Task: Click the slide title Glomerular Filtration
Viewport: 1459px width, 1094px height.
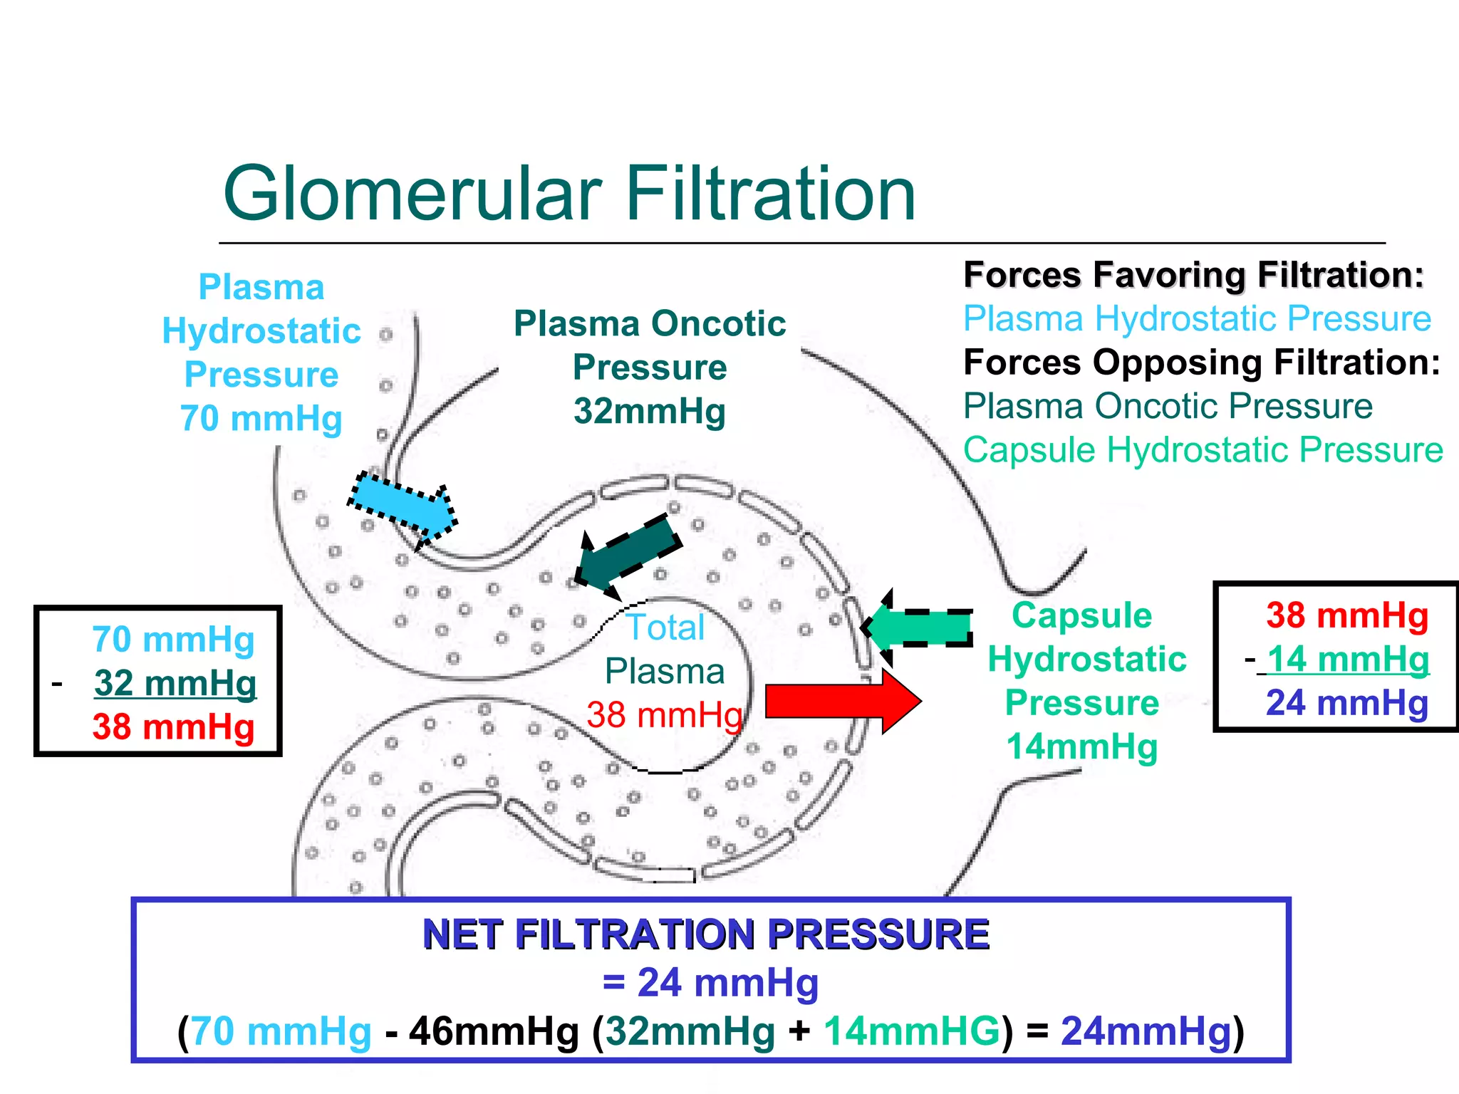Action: coord(568,194)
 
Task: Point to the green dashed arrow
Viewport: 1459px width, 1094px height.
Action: coord(919,627)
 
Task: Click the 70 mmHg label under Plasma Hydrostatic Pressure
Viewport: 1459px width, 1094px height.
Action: coord(261,418)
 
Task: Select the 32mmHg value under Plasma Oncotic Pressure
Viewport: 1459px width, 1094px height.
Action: coord(649,411)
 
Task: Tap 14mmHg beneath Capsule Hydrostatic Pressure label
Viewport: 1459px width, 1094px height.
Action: coord(1081,747)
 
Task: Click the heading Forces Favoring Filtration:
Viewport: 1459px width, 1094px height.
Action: coord(1193,275)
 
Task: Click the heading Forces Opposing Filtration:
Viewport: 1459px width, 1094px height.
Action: coord(1201,363)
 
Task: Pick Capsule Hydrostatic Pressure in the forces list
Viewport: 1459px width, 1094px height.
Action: coord(1203,450)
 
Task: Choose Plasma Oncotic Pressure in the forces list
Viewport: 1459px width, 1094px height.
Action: coord(1167,407)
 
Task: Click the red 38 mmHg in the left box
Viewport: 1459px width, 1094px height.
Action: coord(173,727)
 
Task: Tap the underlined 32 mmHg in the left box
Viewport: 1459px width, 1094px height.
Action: coord(175,683)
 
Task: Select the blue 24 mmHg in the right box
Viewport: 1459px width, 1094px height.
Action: coord(1346,703)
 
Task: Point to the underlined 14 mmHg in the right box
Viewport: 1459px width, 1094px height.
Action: coord(1348,659)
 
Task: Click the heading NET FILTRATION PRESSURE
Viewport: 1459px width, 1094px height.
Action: coord(705,934)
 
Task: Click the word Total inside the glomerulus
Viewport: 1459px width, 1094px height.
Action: coord(665,627)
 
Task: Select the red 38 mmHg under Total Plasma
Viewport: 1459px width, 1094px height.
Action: coord(664,715)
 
